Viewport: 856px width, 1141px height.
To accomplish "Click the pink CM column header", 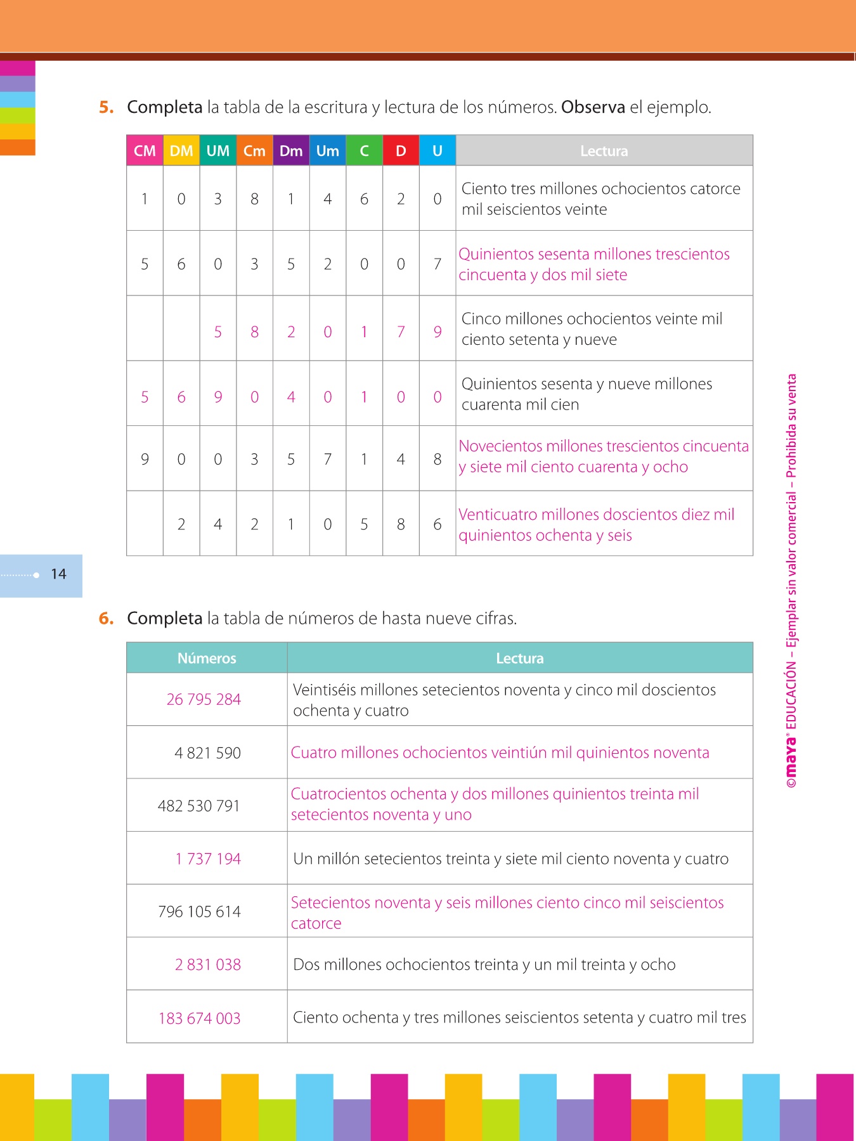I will tap(145, 151).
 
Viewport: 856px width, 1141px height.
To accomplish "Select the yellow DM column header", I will tap(181, 151).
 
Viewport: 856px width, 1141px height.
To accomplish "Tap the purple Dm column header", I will tap(291, 151).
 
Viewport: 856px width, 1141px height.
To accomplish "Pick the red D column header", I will tap(401, 151).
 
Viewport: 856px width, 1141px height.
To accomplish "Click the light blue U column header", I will tap(438, 151).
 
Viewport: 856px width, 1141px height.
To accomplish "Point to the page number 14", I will tap(59, 574).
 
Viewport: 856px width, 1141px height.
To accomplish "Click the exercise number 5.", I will tap(106, 107).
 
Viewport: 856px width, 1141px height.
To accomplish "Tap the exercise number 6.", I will tap(106, 619).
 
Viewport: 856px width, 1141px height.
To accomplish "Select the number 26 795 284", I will tap(204, 699).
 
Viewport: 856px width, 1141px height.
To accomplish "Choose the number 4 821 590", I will tap(207, 753).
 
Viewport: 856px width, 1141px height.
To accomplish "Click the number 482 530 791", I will tap(199, 806).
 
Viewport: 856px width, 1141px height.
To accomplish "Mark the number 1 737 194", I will tap(208, 859).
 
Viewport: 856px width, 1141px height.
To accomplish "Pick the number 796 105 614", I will tap(199, 912).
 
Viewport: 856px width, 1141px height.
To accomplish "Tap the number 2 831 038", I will tap(208, 965).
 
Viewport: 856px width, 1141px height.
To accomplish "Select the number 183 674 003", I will tap(199, 1018).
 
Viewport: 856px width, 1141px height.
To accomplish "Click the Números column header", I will tap(207, 658).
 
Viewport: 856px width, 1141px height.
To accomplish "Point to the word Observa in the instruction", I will tap(593, 107).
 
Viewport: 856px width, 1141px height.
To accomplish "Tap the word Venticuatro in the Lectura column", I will tap(496, 514).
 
